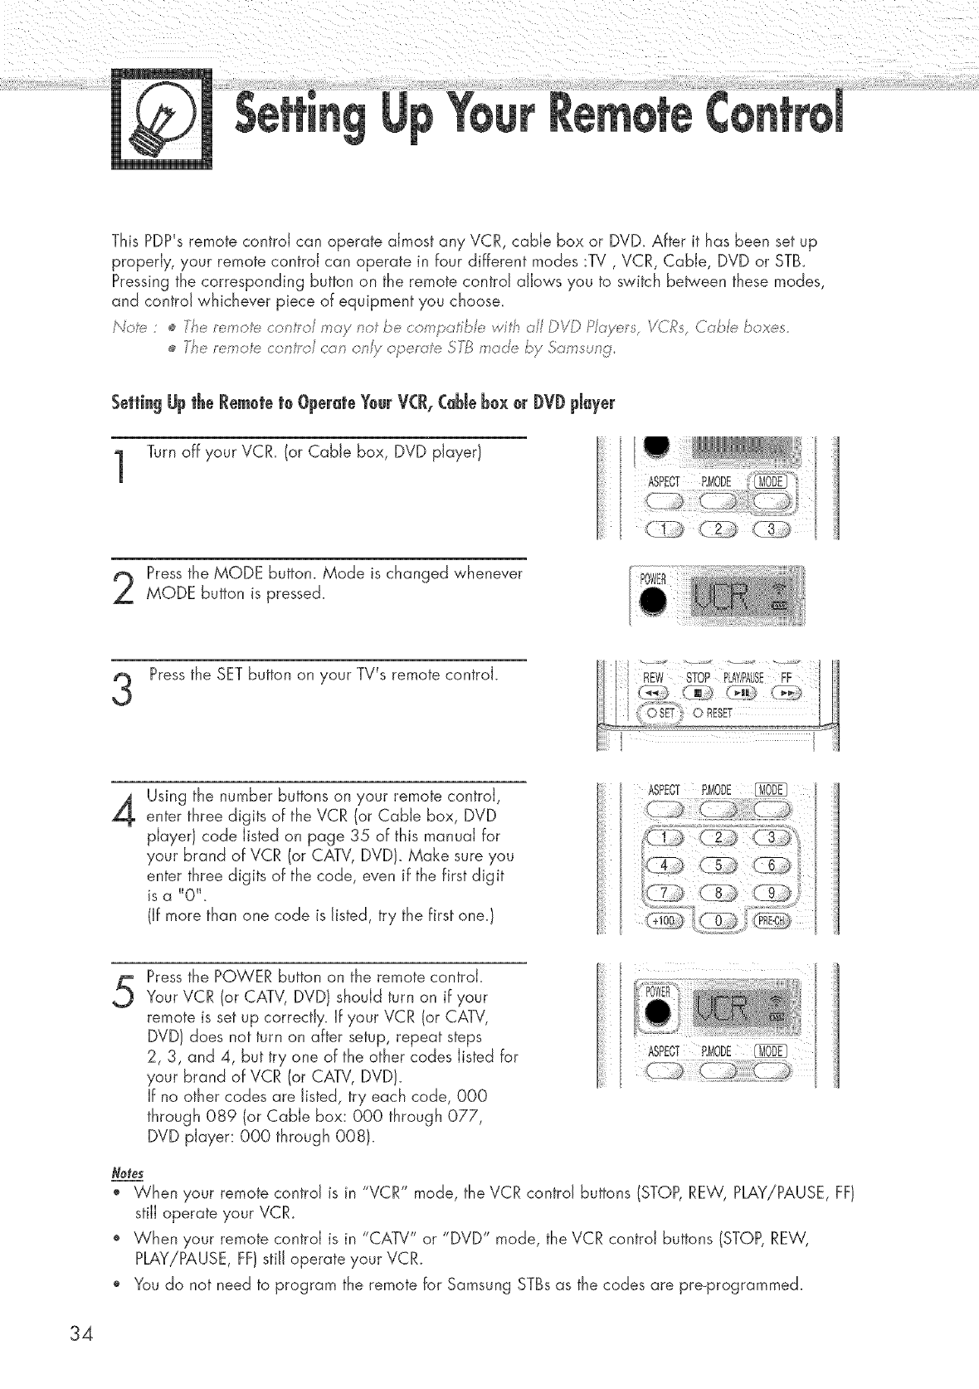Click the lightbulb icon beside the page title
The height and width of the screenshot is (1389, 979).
[162, 119]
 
